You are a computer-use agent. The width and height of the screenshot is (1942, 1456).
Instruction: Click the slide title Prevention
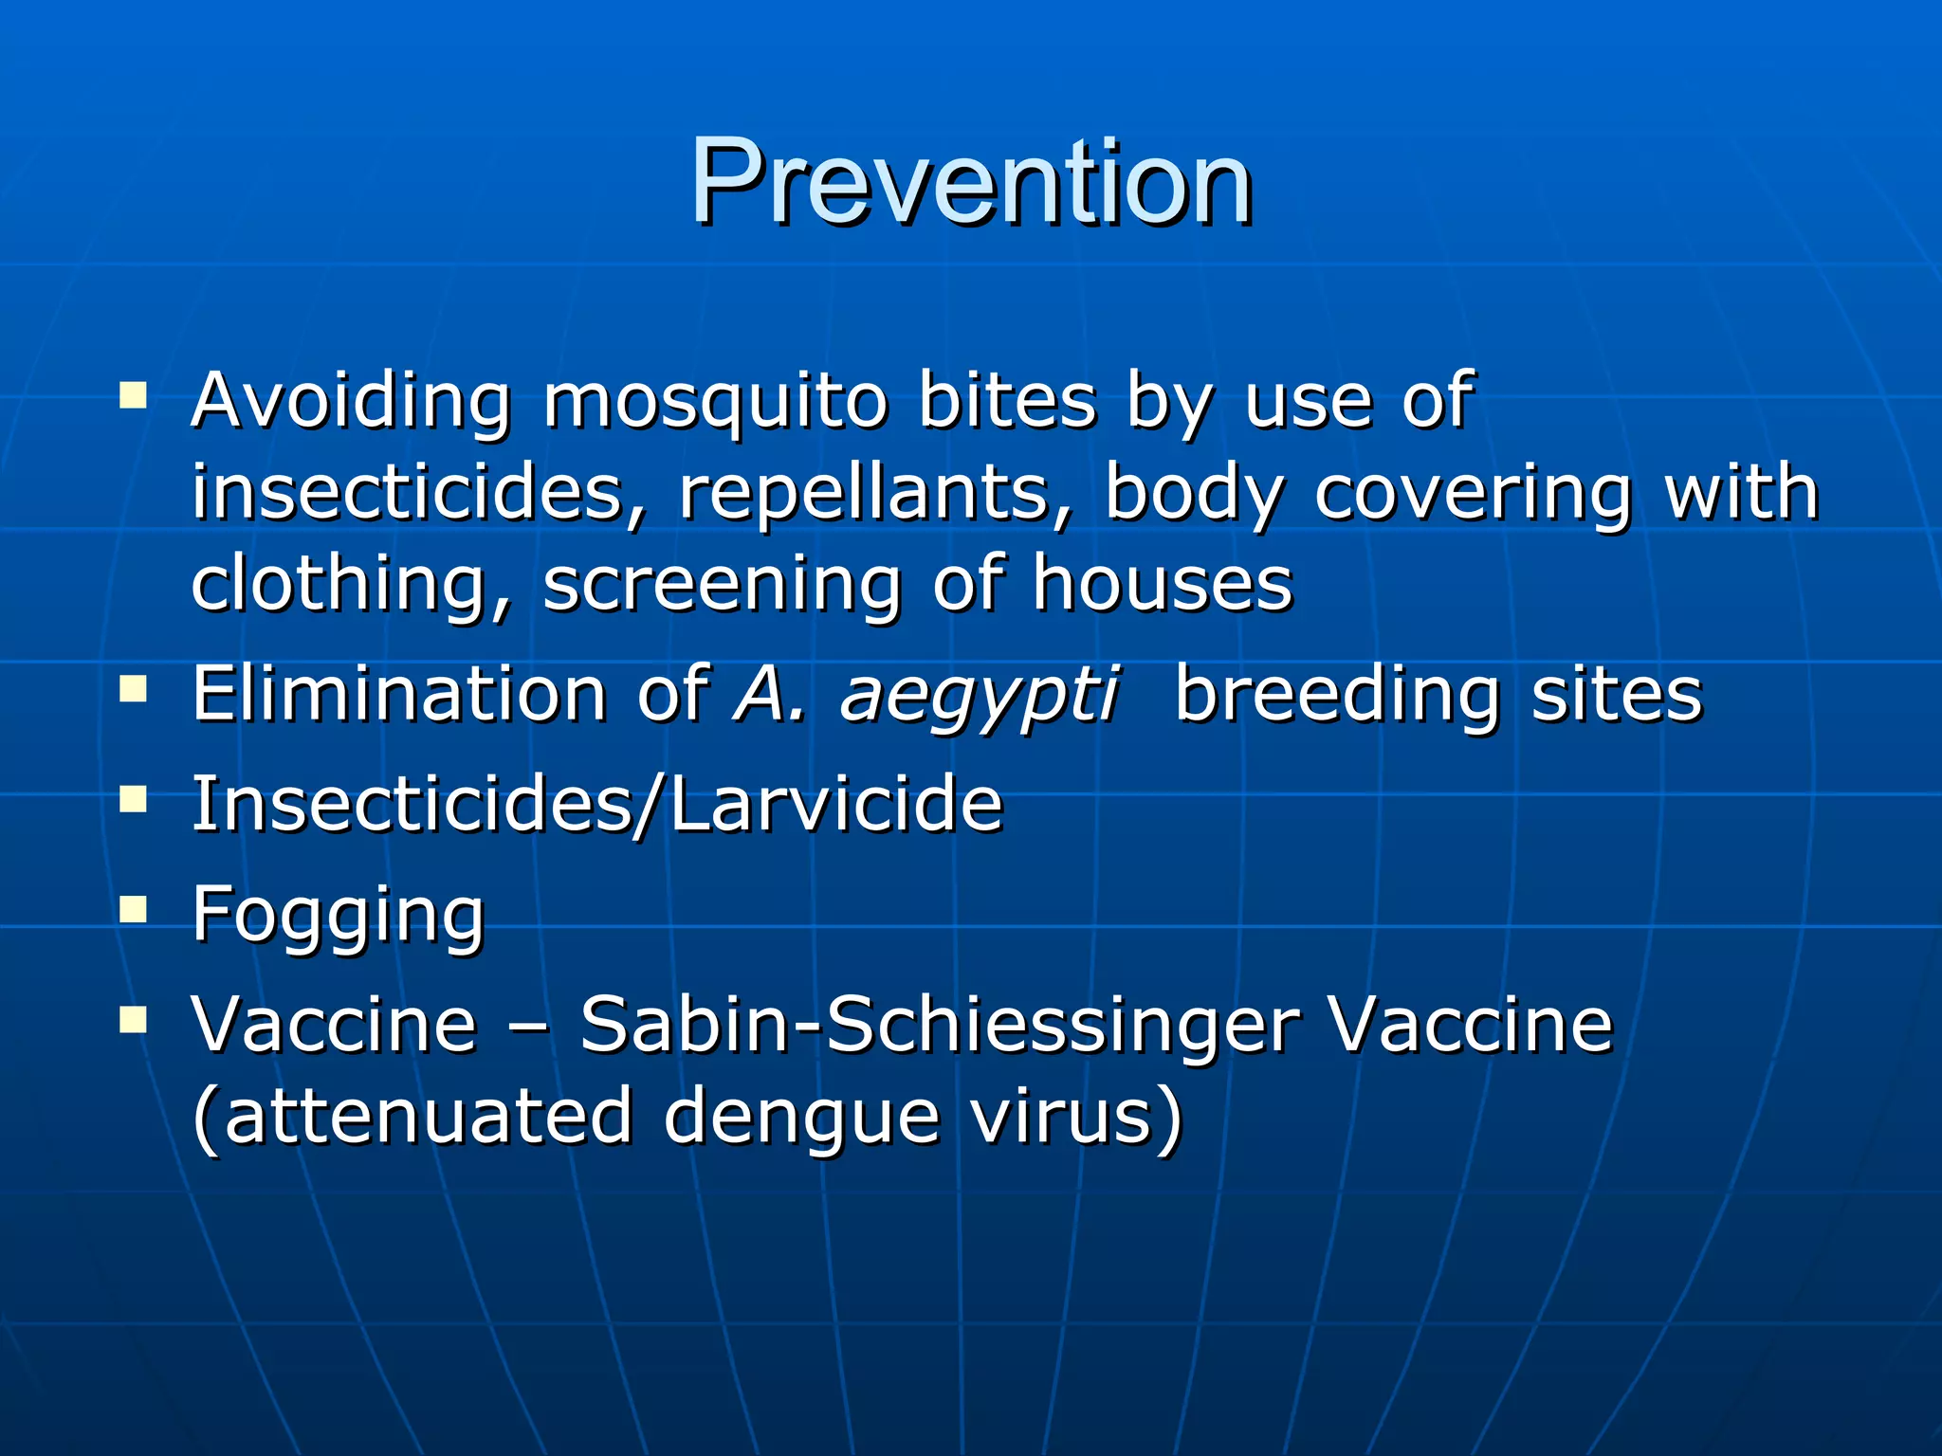coord(971,182)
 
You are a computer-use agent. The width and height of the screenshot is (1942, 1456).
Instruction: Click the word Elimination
coord(398,694)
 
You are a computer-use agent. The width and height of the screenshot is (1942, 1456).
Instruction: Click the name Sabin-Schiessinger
coord(940,1026)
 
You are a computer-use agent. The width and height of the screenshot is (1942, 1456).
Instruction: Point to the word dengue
coord(801,1117)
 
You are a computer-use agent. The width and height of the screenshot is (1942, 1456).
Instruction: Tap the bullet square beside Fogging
coord(134,910)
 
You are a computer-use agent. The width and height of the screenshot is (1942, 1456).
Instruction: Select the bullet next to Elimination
coord(134,689)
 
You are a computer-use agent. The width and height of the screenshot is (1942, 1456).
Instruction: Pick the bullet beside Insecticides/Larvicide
coord(134,800)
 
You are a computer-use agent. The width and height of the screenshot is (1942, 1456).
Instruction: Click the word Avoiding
coord(351,402)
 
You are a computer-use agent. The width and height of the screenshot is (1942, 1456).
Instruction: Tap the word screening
coord(722,585)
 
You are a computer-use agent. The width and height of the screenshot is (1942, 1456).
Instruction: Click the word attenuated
coord(428,1117)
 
